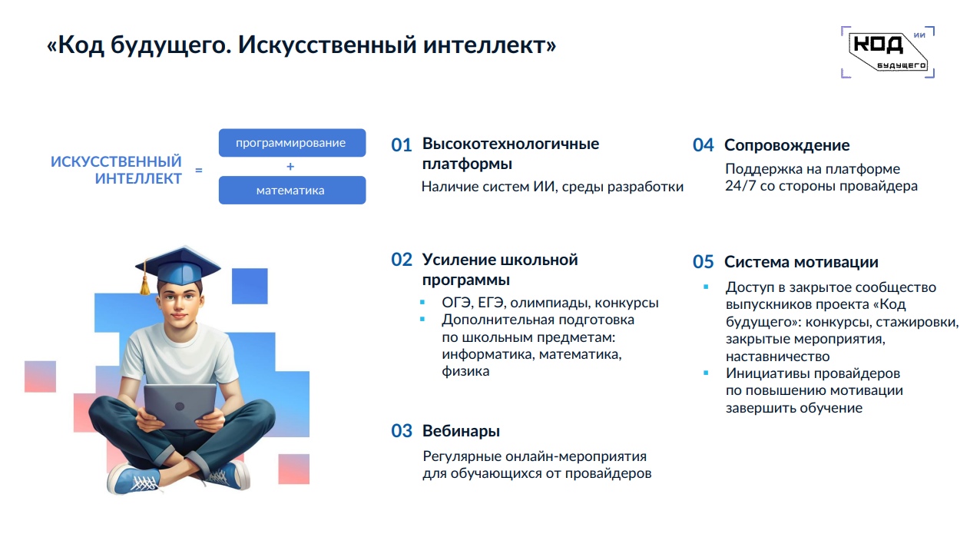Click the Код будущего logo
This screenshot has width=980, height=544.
point(888,52)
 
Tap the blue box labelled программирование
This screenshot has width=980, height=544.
point(293,143)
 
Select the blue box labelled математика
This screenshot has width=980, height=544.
point(293,190)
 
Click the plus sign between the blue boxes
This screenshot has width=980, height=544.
point(290,166)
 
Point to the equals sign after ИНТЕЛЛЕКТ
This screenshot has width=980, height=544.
point(199,170)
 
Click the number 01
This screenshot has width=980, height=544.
point(402,145)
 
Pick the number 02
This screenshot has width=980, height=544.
point(402,260)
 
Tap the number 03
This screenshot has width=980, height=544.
point(402,431)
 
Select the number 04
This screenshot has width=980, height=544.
point(703,145)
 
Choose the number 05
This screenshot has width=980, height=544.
point(703,262)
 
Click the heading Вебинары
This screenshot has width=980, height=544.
point(461,431)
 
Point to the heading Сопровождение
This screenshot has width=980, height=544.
point(787,145)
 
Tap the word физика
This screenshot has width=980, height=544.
point(465,371)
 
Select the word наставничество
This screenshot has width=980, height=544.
point(777,357)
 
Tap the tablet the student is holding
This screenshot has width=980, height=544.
point(180,406)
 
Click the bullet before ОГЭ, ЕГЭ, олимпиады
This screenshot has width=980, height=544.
point(422,302)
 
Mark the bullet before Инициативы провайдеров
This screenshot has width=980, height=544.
point(706,373)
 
